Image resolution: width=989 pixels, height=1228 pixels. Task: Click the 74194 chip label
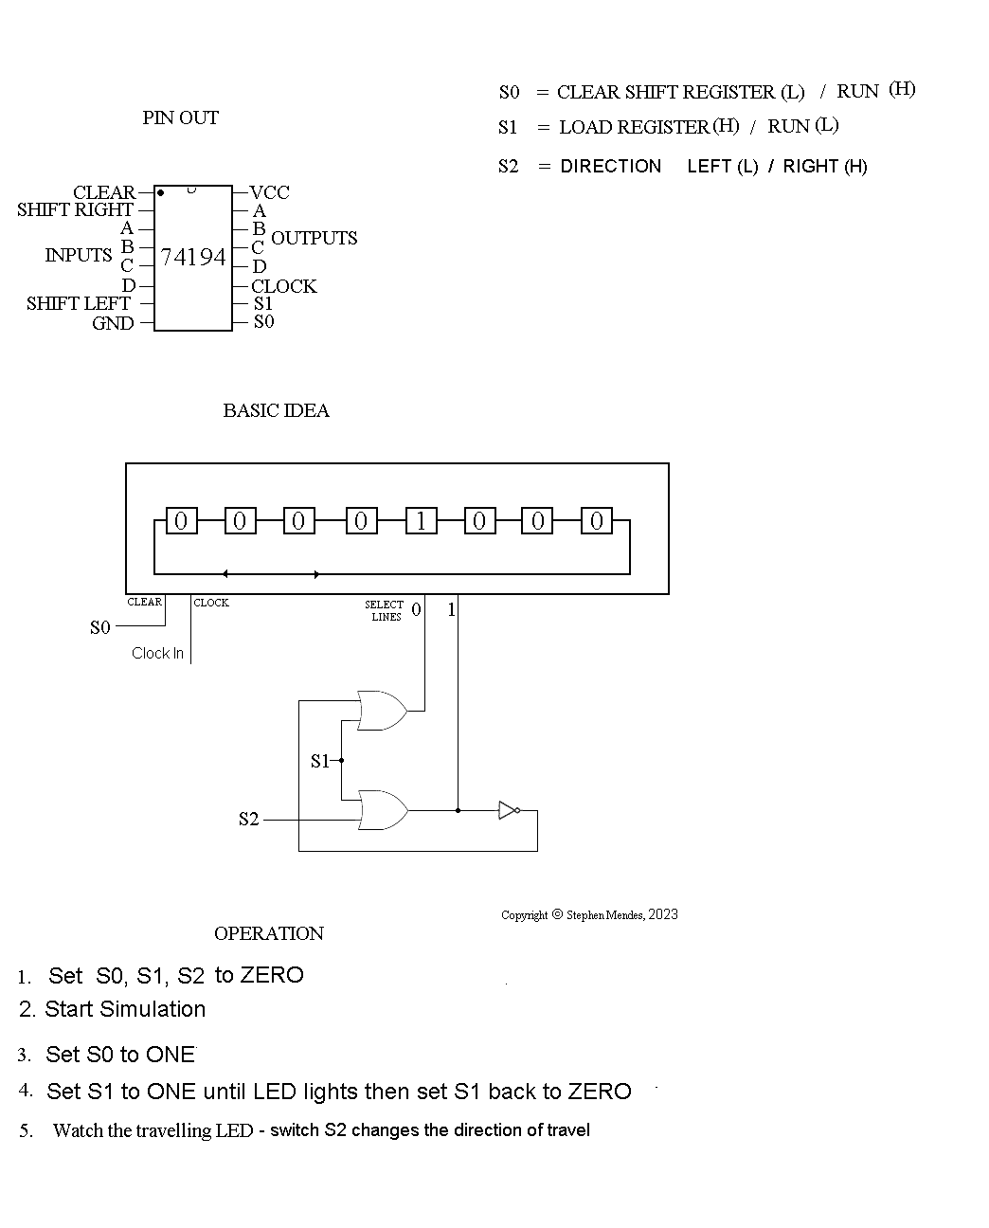pyautogui.click(x=193, y=257)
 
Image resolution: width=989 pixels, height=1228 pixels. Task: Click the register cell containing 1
pyautogui.click(x=421, y=520)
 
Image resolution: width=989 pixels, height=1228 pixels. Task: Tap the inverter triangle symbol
pyautogui.click(x=508, y=810)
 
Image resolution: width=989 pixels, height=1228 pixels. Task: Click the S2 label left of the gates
pyautogui.click(x=248, y=819)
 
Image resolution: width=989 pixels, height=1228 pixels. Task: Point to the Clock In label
pyautogui.click(x=157, y=653)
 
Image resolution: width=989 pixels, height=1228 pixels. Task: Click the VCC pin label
pyautogui.click(x=269, y=192)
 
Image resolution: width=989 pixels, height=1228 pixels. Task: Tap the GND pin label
pyautogui.click(x=113, y=323)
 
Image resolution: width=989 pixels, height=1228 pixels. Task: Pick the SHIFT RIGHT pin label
pyautogui.click(x=75, y=209)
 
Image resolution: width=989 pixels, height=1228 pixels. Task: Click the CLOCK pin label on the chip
pyautogui.click(x=283, y=286)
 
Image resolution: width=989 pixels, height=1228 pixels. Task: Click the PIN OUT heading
pyautogui.click(x=180, y=117)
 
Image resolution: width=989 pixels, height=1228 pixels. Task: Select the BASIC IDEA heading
pyautogui.click(x=276, y=410)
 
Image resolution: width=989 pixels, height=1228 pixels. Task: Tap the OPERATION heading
pyautogui.click(x=269, y=933)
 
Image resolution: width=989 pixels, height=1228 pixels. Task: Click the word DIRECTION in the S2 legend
pyautogui.click(x=610, y=166)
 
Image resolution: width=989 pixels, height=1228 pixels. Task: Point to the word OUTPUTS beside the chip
pyautogui.click(x=315, y=238)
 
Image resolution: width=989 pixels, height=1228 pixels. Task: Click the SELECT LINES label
pyautogui.click(x=385, y=610)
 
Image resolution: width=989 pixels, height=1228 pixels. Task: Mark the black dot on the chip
pyautogui.click(x=160, y=192)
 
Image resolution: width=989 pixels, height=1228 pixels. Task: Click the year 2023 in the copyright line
pyautogui.click(x=663, y=914)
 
